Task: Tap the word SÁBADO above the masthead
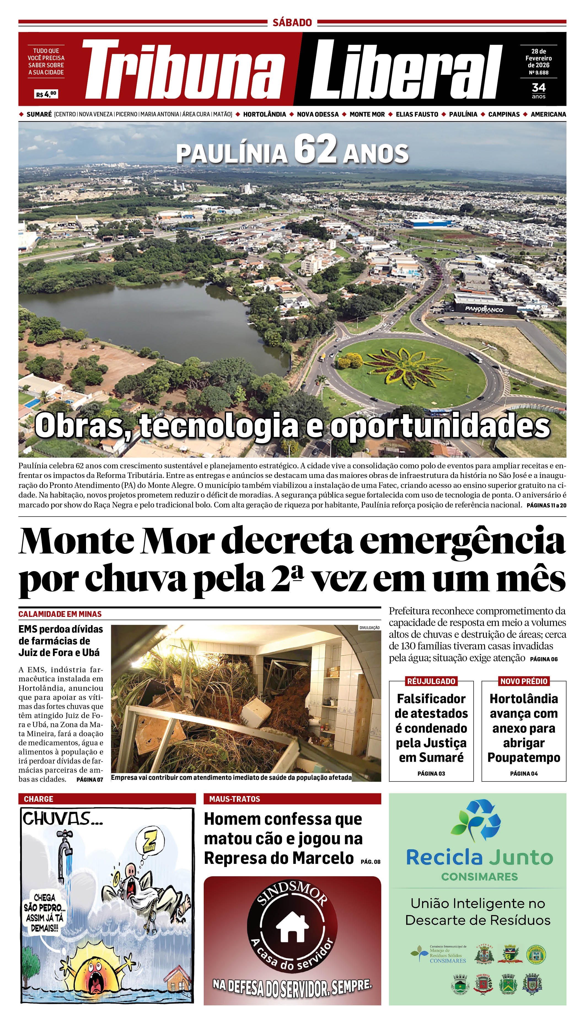tap(292, 23)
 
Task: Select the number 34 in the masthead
tap(538, 87)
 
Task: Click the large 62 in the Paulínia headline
tap(315, 149)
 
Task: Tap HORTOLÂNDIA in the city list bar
tap(264, 114)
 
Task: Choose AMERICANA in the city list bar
tap(548, 114)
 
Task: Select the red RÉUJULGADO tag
tap(431, 681)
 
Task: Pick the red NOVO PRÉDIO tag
tap(524, 681)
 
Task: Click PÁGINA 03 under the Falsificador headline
tap(431, 773)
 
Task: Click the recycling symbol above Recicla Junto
tap(477, 821)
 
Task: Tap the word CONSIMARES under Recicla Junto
tap(479, 877)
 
